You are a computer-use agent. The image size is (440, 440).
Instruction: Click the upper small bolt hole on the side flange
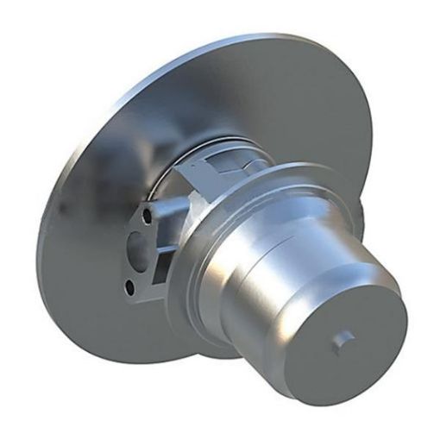click(153, 210)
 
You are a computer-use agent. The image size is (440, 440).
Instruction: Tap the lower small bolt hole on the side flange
click(130, 286)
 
